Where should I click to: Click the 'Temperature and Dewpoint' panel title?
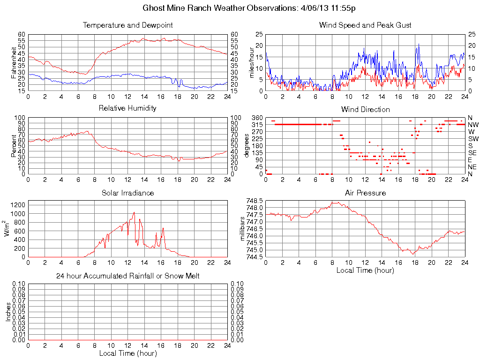[x=127, y=25]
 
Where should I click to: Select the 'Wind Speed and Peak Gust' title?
[x=365, y=25]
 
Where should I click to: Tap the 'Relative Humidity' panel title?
[x=127, y=108]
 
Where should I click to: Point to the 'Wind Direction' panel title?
[x=365, y=109]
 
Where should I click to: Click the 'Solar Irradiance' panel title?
[x=127, y=193]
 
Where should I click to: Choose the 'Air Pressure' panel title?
[x=365, y=193]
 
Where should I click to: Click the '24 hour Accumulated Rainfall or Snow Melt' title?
[x=127, y=276]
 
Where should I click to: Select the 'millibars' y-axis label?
[x=242, y=229]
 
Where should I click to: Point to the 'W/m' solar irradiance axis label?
[x=7, y=228]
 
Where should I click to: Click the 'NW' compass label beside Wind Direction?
[x=473, y=125]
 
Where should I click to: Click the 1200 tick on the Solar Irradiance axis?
[x=18, y=205]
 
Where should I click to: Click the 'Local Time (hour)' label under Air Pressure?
[x=365, y=270]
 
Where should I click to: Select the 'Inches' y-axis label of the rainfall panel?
[x=8, y=312]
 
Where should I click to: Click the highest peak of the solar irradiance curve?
[x=134, y=212]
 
